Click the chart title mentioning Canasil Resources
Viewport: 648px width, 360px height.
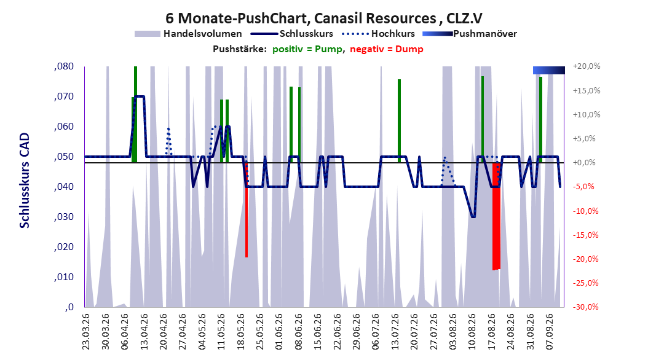tap(323, 18)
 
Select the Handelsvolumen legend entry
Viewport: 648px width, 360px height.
tap(188, 34)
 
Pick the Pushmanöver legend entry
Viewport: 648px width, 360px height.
tap(470, 34)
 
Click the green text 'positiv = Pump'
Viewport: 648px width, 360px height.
tap(307, 49)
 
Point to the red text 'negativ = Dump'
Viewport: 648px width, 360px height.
tap(387, 49)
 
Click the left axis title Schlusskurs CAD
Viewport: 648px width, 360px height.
tap(25, 181)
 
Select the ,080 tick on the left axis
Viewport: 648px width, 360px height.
tap(64, 66)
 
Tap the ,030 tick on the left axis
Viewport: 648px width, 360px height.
tap(64, 217)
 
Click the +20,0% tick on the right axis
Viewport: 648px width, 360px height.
tap(587, 66)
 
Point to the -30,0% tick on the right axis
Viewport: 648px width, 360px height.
tap(587, 307)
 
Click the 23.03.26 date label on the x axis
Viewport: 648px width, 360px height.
tap(85, 332)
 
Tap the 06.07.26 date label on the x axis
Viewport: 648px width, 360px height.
tap(376, 332)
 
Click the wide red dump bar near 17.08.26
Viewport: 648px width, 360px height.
tap(496, 216)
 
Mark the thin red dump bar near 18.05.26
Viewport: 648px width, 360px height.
tap(247, 209)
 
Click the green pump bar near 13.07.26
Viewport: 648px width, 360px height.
tap(399, 121)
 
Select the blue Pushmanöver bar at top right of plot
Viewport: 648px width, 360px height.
tap(549, 70)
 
